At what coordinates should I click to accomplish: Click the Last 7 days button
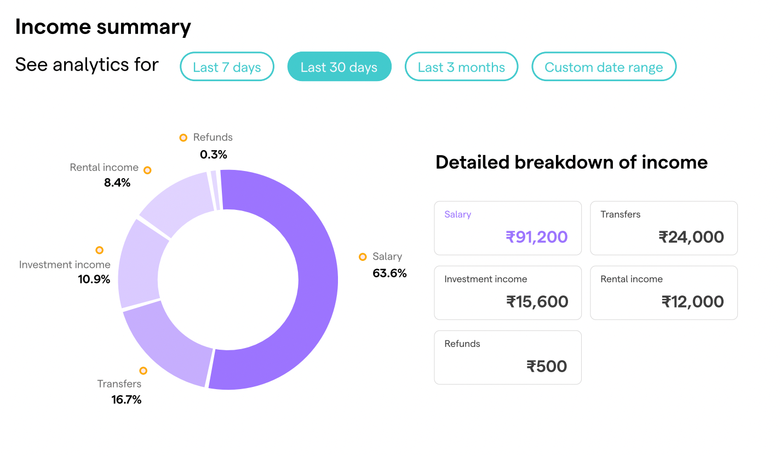227,67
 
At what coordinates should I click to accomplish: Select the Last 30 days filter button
339,67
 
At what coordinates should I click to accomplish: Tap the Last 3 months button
461,67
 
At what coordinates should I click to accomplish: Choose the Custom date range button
604,67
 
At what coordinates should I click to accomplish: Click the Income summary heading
103,26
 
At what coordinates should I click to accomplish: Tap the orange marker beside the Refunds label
183,138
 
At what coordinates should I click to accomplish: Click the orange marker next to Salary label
363,256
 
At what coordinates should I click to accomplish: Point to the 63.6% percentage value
389,273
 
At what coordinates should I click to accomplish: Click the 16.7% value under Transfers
127,400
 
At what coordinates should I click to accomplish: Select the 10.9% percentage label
94,280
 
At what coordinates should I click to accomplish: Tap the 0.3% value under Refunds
214,154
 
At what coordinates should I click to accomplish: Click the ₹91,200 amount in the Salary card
536,237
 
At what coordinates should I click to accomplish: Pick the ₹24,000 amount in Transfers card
691,237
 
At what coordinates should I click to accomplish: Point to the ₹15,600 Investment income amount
537,301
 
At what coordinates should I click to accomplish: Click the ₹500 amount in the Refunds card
547,366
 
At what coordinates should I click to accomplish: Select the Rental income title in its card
632,279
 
